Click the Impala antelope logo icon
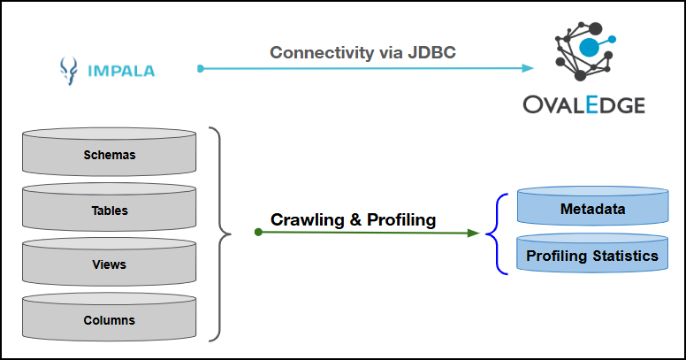tap(68, 69)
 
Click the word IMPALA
tap(120, 69)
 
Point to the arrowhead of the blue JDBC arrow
tap(530, 68)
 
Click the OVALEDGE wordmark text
tap(583, 105)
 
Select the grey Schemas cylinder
tap(110, 153)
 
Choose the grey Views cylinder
tap(110, 264)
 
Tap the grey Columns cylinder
tap(110, 318)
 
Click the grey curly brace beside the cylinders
tap(221, 234)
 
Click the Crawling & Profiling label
tap(353, 220)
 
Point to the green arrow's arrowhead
tap(474, 234)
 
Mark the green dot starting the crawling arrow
tap(257, 233)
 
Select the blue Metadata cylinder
tap(592, 209)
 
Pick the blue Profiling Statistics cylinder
tap(592, 256)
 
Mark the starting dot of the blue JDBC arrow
tap(201, 68)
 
